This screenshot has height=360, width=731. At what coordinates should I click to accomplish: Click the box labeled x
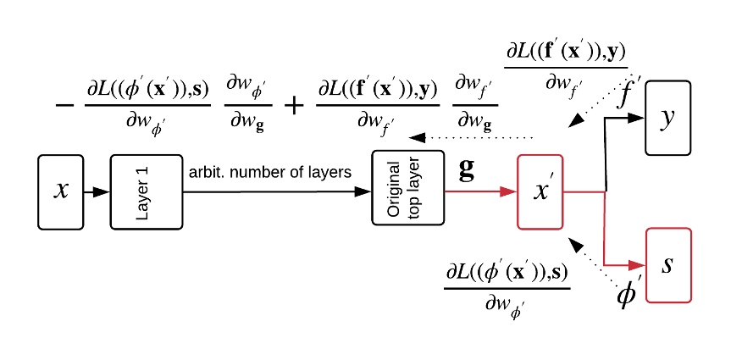pyautogui.click(x=61, y=191)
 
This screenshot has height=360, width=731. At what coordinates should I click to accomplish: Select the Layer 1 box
pyautogui.click(x=146, y=191)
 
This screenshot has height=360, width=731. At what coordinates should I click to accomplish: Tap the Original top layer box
pyautogui.click(x=408, y=188)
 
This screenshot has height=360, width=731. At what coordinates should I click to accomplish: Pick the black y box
pyautogui.click(x=668, y=118)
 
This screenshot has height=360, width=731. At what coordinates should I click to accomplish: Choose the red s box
pyautogui.click(x=668, y=264)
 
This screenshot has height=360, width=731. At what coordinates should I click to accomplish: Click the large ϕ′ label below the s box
pyautogui.click(x=628, y=296)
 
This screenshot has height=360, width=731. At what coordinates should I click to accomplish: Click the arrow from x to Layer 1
pyautogui.click(x=97, y=192)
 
